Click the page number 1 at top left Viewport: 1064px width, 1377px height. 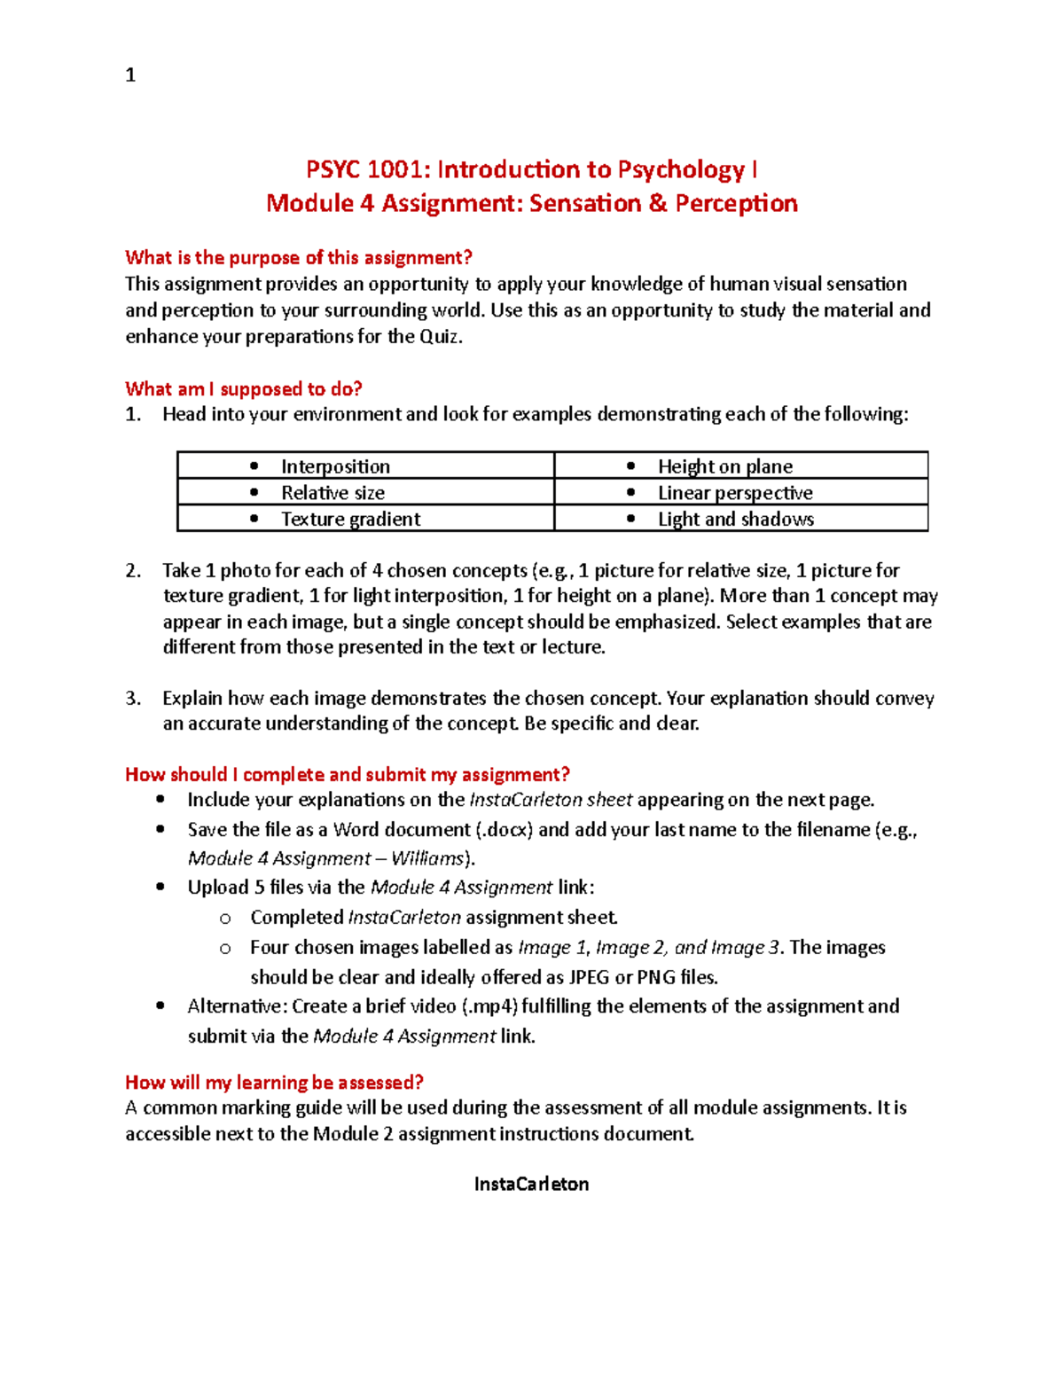[130, 75]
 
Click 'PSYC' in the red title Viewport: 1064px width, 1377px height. [332, 169]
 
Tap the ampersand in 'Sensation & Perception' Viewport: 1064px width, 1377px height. [657, 204]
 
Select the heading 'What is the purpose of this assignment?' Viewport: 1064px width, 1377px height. [298, 258]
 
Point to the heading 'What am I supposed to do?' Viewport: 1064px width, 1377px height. [244, 389]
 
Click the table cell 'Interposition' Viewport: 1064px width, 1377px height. [335, 466]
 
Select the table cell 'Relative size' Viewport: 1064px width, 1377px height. [332, 493]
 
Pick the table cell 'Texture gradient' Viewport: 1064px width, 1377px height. [350, 520]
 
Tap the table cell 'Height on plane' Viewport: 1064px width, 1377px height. [724, 466]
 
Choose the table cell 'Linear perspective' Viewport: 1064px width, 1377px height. [734, 493]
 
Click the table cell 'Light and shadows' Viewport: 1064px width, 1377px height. [735, 520]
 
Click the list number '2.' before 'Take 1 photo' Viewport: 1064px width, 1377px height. [133, 571]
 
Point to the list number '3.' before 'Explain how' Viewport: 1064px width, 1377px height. [133, 699]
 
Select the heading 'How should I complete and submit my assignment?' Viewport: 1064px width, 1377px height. [347, 775]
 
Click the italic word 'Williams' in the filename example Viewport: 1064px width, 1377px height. [427, 859]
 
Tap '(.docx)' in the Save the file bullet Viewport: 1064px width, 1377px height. [505, 830]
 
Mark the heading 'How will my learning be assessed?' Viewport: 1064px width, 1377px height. [274, 1083]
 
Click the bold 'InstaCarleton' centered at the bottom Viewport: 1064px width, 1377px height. [531, 1185]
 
